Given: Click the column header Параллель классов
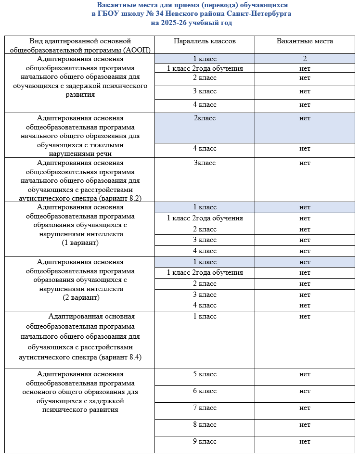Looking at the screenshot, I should click(205, 41).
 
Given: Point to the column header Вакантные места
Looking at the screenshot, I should click(305, 41).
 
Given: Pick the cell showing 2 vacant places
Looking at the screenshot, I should click(305, 59).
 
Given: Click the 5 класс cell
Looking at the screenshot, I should click(205, 374).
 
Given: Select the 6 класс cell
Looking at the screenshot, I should click(205, 391).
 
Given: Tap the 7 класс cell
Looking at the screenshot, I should click(205, 408).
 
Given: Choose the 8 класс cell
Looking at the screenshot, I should click(205, 425).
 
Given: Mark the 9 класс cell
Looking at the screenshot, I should click(205, 442).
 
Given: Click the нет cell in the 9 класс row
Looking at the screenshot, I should click(305, 442).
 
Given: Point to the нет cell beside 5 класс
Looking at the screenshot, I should click(305, 374).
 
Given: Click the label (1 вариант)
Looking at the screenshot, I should click(81, 243).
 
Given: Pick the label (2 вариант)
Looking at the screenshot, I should click(81, 298).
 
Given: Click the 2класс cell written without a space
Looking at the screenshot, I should click(205, 118).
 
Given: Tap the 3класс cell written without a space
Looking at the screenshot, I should click(205, 163).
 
